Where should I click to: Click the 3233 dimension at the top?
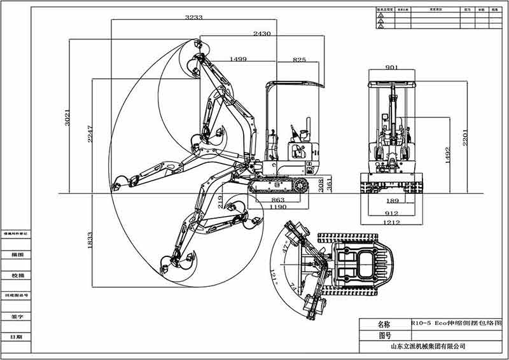point(194,18)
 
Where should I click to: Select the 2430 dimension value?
point(261,33)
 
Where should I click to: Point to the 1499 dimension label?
point(237,59)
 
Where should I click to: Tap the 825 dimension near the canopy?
point(299,59)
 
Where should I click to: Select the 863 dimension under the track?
point(278,200)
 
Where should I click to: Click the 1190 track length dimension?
point(278,207)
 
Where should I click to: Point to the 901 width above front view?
point(392,67)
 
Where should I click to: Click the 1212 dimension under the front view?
point(392,222)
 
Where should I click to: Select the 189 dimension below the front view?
point(392,200)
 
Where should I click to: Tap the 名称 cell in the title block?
point(384,324)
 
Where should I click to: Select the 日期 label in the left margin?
point(16,336)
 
